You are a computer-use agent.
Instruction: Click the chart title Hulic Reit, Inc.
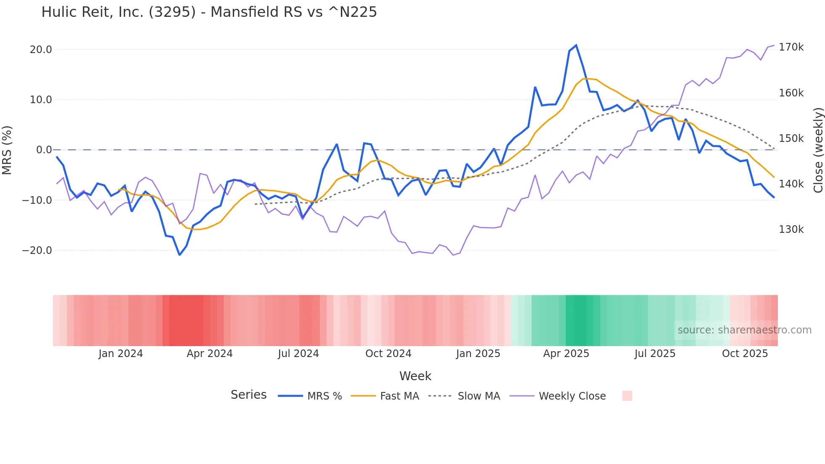209,12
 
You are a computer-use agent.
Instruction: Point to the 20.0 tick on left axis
41,50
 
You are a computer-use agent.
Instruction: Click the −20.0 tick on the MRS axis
37,251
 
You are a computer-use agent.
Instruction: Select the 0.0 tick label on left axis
44,150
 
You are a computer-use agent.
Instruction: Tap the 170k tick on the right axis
791,47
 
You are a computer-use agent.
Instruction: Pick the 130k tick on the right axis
791,229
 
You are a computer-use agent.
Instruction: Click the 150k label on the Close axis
791,139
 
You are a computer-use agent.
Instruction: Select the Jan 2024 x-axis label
121,354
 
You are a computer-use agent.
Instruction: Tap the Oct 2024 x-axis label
388,354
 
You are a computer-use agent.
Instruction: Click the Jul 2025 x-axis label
655,354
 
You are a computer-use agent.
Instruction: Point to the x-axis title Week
415,376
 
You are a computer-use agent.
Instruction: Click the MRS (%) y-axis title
7,150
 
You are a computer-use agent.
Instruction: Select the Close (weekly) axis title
818,150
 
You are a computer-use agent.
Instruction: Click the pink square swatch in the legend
627,396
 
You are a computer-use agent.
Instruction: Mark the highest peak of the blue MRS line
576,45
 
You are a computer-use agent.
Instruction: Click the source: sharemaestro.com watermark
744,330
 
